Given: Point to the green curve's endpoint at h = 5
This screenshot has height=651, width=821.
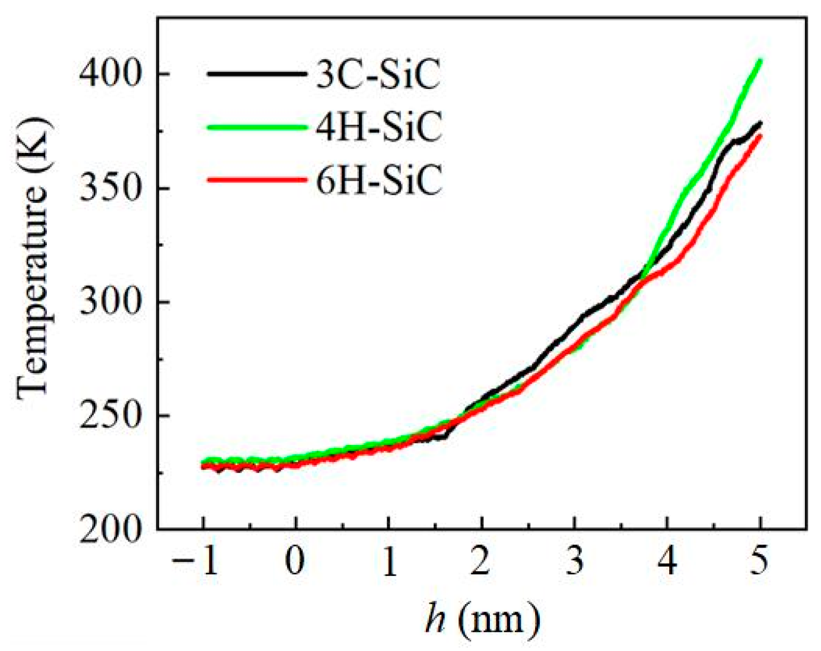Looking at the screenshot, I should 760,61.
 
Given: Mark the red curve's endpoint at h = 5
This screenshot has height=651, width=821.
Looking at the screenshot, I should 760,136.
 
